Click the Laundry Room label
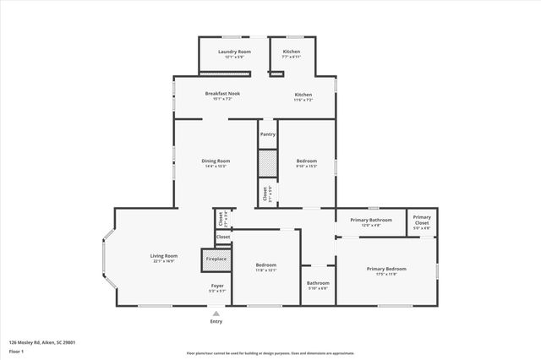pos(234,52)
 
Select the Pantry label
pos(267,134)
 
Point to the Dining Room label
pos(216,161)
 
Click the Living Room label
pos(164,256)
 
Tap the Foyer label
pos(217,286)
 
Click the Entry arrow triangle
pos(216,314)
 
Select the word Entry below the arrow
pos(216,321)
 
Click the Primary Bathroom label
pos(371,220)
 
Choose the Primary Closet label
pos(422,218)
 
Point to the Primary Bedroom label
pos(386,270)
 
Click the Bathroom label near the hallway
pos(318,283)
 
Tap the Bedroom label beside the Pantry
pos(306,161)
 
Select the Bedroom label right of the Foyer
pos(266,265)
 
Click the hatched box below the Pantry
pos(267,163)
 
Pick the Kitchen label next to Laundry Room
pos(291,52)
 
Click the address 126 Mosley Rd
pos(42,342)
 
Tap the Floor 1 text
pos(17,350)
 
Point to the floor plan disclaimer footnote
pos(270,353)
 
